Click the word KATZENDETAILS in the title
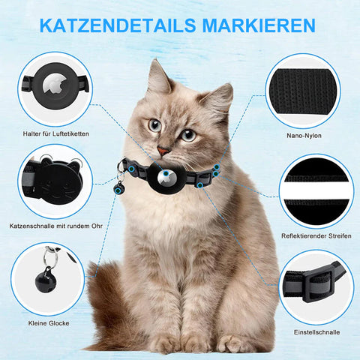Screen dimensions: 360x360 coord(118,25)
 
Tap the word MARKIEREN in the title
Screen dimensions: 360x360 coord(259,25)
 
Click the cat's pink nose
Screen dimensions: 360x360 coord(163,151)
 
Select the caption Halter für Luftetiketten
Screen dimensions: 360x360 coord(56,133)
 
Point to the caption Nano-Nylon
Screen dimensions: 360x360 coord(304,136)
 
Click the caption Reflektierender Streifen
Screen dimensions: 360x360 coord(316,235)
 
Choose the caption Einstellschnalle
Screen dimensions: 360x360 coord(316,332)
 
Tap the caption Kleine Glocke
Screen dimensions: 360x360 coord(49,323)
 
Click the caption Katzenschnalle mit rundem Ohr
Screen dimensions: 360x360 coord(56,226)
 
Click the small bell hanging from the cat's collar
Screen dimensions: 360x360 coord(118,190)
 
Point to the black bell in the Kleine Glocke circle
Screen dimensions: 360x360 coord(46,280)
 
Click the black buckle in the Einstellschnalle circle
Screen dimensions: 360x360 coord(317,283)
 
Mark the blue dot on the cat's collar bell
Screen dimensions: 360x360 coord(118,190)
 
